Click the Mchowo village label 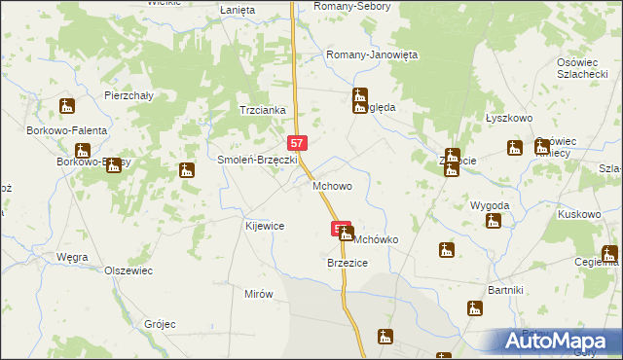point(331,185)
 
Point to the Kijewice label point(264,226)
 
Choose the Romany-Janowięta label point(372,55)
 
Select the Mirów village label point(259,293)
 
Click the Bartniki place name point(506,291)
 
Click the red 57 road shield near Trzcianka point(298,142)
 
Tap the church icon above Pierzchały point(66,106)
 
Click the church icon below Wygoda point(494,222)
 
